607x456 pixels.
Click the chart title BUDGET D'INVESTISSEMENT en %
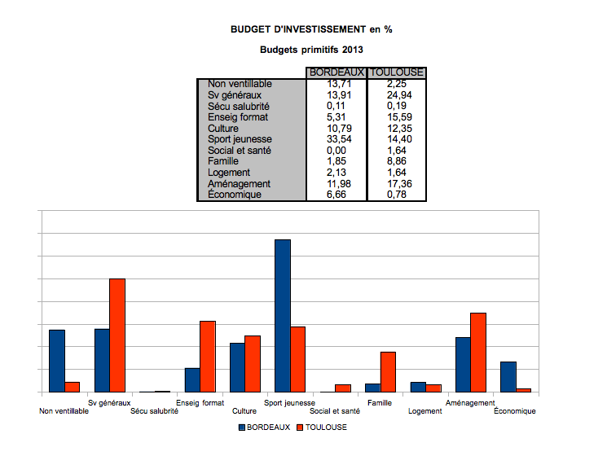pos(312,30)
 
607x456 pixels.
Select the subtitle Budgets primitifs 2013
pos(311,50)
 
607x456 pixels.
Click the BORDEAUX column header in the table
pos(336,72)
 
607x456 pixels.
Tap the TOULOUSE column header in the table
pos(397,72)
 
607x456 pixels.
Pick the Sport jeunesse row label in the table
pos(240,139)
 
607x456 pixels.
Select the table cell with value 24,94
pos(397,95)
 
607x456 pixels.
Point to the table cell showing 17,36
pos(397,184)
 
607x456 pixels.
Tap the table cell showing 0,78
pos(397,195)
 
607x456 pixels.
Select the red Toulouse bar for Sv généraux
pos(117,335)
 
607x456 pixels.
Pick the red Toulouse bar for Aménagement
pos(478,353)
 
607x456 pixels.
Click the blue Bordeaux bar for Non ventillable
pos(57,361)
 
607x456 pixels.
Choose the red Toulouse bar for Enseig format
pos(208,357)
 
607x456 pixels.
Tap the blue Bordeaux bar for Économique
pos(508,377)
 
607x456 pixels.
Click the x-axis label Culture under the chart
pos(244,411)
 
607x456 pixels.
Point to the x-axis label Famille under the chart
pos(380,403)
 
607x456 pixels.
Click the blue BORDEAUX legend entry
pos(265,427)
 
